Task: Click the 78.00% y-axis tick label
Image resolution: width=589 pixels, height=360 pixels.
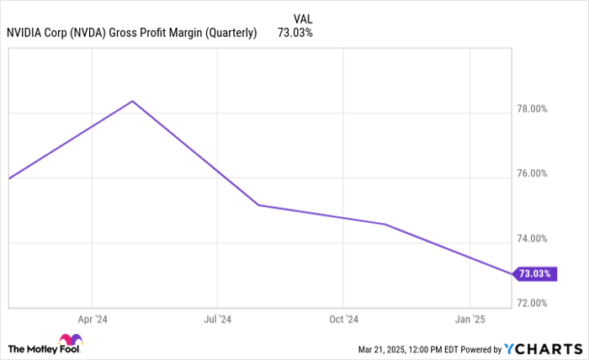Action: tap(531, 109)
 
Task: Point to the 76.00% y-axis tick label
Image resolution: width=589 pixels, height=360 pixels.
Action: tap(531, 174)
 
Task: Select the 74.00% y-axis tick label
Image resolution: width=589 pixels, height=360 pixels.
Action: tap(531, 239)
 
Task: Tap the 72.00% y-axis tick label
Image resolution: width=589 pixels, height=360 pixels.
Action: tap(531, 303)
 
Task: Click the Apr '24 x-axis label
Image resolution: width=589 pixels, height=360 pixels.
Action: tap(93, 320)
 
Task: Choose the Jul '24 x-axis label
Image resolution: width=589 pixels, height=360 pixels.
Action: tap(218, 320)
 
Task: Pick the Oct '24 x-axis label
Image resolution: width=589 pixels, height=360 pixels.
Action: tap(343, 320)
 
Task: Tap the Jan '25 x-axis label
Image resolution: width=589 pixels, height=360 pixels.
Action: tap(469, 320)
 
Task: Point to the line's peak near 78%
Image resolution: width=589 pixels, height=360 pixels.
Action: tap(132, 101)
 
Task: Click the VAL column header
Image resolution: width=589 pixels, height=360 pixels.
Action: tap(305, 18)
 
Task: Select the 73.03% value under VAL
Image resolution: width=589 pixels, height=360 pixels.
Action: tap(295, 33)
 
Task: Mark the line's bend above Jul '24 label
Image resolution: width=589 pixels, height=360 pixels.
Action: tap(257, 205)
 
